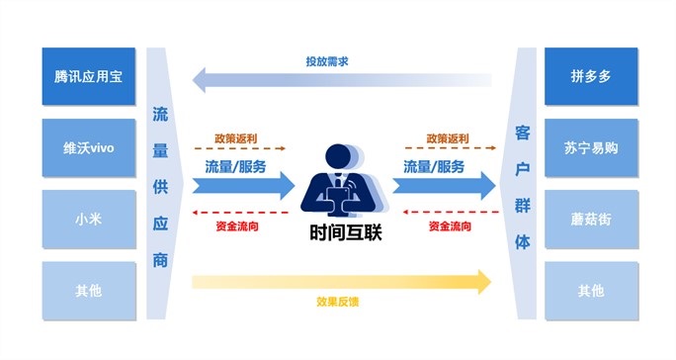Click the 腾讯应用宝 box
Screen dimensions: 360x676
pos(88,75)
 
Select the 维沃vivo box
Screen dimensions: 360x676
pos(88,147)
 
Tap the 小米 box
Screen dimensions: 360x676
pos(88,219)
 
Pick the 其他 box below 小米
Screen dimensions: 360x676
pos(88,291)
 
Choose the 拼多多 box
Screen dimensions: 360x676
pos(587,75)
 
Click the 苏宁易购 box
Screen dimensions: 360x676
pos(587,147)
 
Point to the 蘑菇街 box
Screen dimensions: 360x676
pos(587,219)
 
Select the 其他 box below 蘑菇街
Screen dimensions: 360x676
pos(587,291)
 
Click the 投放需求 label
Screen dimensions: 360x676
pos(326,61)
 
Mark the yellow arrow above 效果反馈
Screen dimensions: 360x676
pos(341,281)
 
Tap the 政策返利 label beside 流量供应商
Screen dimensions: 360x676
pos(236,138)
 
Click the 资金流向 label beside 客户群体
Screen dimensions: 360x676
pos(450,226)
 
